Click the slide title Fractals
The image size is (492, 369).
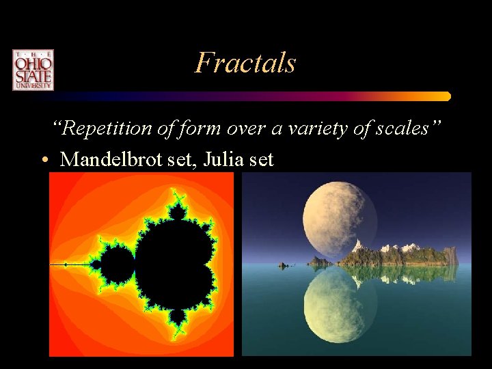click(x=245, y=63)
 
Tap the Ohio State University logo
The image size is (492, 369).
click(x=32, y=70)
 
